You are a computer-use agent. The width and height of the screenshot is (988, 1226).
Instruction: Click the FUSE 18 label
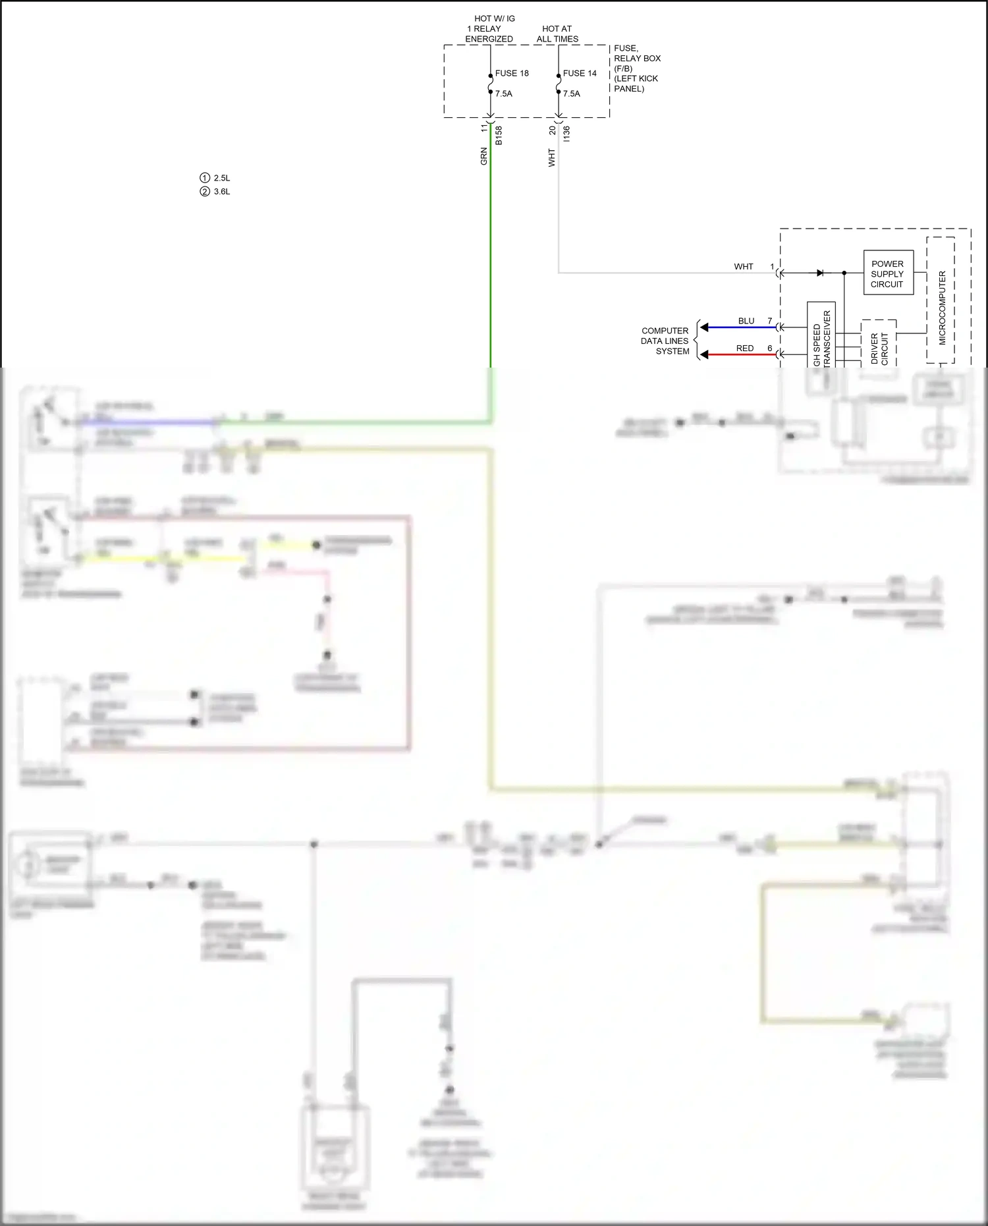(512, 73)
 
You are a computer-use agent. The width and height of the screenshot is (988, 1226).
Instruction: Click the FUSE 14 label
(580, 73)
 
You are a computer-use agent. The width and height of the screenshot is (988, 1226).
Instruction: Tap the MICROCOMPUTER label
(942, 308)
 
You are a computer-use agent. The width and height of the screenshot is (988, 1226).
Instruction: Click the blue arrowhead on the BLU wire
(704, 327)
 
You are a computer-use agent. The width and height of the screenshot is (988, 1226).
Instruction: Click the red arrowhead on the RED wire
(704, 354)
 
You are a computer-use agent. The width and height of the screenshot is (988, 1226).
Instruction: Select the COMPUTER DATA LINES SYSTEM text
(665, 341)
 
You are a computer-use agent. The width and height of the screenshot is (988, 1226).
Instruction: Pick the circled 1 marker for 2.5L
(205, 178)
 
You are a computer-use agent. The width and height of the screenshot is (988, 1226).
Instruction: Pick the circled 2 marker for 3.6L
(205, 192)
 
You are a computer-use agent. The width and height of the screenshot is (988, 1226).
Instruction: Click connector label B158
(499, 135)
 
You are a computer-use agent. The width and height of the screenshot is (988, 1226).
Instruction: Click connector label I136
(566, 134)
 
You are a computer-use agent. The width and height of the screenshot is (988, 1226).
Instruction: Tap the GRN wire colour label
(484, 156)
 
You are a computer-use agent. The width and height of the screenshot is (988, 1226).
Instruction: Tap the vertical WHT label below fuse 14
(552, 157)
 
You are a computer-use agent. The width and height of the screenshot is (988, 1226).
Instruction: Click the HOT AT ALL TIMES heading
(557, 34)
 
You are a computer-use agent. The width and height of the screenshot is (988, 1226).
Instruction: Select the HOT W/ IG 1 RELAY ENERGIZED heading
(489, 29)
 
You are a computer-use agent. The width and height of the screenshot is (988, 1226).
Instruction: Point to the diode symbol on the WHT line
(820, 273)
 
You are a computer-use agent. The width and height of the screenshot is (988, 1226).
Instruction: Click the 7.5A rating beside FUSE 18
(504, 94)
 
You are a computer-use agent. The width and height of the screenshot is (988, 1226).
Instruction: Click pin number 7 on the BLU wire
(769, 321)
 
